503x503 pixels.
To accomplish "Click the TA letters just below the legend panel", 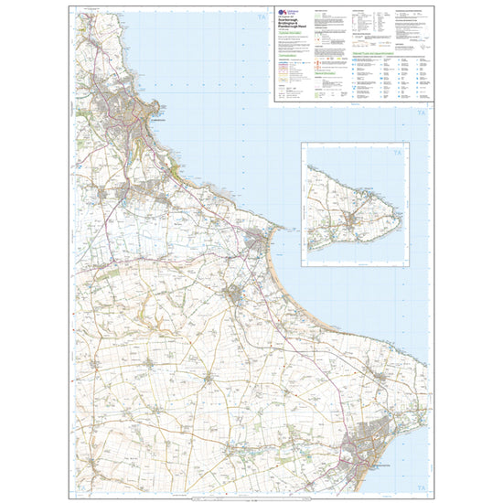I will coord(422,112).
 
